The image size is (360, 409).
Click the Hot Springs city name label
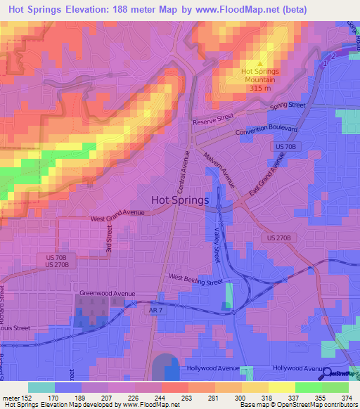click(x=180, y=200)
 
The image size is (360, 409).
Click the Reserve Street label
click(x=213, y=120)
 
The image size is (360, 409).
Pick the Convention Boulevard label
click(x=266, y=131)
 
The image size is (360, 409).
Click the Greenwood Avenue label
click(x=107, y=294)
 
